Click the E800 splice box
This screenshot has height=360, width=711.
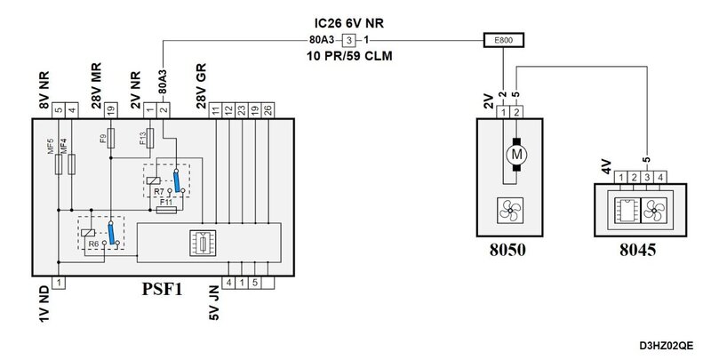(x=504, y=40)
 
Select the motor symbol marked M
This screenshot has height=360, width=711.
(x=516, y=155)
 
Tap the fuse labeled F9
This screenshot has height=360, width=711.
(x=110, y=138)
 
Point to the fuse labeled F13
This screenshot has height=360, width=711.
(x=150, y=138)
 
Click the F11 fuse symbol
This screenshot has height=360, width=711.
(x=166, y=211)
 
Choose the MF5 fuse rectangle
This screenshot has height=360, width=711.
(x=59, y=164)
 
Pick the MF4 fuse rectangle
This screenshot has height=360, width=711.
(x=72, y=164)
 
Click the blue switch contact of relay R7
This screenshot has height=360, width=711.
(x=176, y=181)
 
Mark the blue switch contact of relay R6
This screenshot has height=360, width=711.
(x=111, y=233)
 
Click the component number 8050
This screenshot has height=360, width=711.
(x=507, y=250)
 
